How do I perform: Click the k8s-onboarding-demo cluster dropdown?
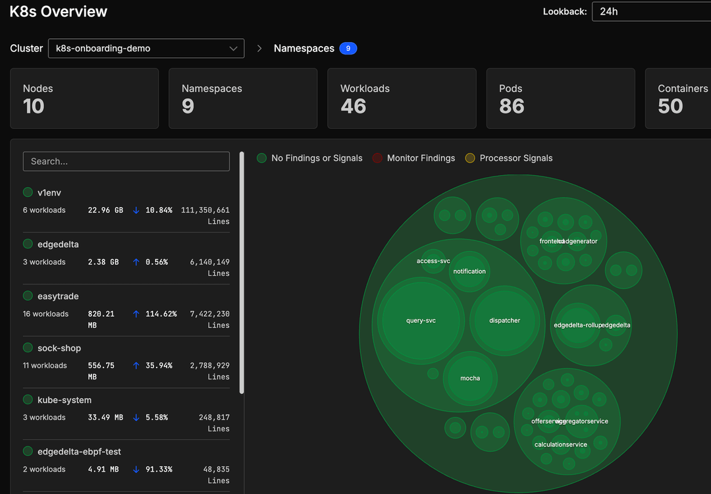tap(146, 48)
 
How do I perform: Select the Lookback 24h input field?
tap(650, 11)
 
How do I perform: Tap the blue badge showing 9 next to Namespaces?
tap(348, 48)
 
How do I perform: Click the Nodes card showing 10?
tap(84, 98)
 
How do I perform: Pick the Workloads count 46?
tap(354, 106)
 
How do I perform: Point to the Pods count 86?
tap(512, 106)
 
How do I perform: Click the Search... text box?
tap(126, 161)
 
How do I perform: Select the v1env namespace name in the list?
tap(49, 192)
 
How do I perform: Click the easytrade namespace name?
tap(58, 296)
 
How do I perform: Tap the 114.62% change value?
tap(161, 314)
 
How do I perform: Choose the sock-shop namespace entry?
tap(59, 348)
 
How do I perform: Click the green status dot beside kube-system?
tap(28, 400)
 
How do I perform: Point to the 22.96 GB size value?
tap(105, 210)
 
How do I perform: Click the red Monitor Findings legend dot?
tap(377, 158)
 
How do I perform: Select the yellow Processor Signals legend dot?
tap(470, 158)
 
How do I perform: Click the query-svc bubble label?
tap(421, 321)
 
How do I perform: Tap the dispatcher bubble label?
tap(504, 321)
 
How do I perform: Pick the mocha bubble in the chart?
tap(470, 378)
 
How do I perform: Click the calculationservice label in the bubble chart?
tap(560, 445)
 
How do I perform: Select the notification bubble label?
tap(469, 271)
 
